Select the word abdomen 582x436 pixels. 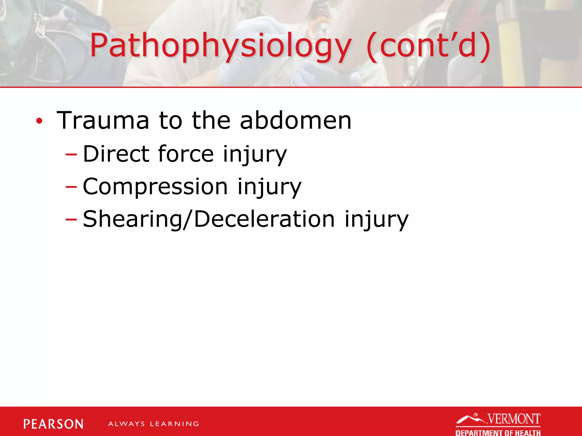click(x=296, y=120)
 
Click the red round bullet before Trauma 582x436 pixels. click(x=39, y=121)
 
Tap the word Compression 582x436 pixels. click(x=155, y=186)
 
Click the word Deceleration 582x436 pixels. click(x=265, y=219)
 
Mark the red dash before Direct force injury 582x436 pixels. click(x=71, y=155)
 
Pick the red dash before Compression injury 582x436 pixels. click(x=71, y=187)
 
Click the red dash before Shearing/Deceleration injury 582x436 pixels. click(x=71, y=220)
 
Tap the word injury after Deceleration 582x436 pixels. click(x=376, y=220)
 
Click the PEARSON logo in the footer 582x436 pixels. click(x=53, y=424)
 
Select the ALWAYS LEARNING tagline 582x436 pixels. click(x=153, y=424)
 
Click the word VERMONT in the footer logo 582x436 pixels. click(x=514, y=419)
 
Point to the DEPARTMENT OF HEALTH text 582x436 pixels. click(x=498, y=432)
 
